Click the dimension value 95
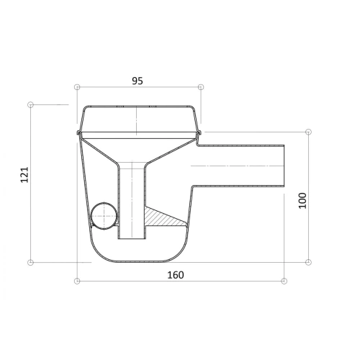(138, 81)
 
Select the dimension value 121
(24, 175)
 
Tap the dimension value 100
(302, 201)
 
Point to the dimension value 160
(176, 275)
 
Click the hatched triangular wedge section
(161, 218)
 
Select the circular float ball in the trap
(104, 216)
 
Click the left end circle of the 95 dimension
(77, 87)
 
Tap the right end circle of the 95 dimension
(201, 87)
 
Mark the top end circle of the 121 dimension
(30, 104)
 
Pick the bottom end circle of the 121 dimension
(30, 262)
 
